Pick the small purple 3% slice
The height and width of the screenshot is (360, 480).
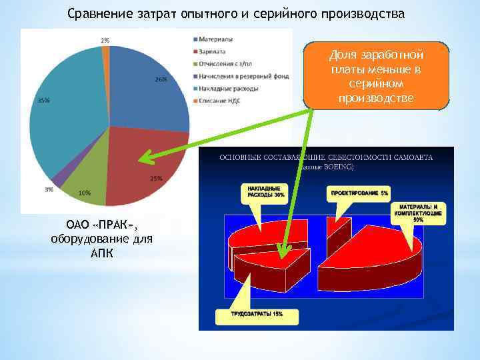[59, 180]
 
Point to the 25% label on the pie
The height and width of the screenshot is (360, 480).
[156, 179]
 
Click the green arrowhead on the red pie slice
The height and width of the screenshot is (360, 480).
[141, 159]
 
